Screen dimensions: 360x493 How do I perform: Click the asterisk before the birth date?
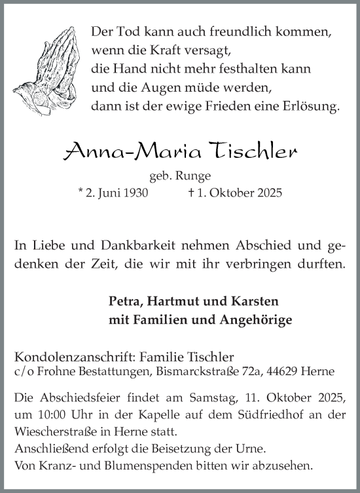(x=80, y=192)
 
